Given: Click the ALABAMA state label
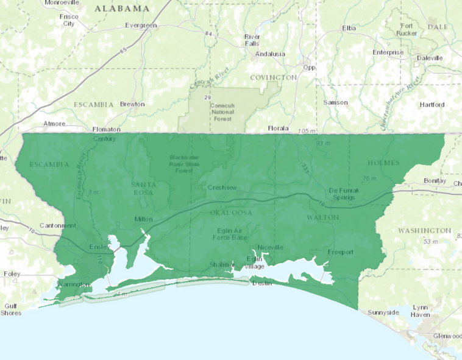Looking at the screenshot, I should point(122,9).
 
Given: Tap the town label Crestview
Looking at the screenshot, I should point(222,188).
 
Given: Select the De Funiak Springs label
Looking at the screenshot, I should point(344,194).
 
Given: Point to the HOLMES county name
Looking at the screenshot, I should point(383,163).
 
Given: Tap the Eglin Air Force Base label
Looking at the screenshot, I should point(232,234).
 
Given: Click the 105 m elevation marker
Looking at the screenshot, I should point(308,132).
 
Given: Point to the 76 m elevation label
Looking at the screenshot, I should point(368,178).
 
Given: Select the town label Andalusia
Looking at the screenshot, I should point(270,54).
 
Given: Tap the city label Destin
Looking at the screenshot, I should point(261,283).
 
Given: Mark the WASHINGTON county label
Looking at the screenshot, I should point(425,231).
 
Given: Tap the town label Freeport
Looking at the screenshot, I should point(340,252).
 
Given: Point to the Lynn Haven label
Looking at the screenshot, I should point(421,311).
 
